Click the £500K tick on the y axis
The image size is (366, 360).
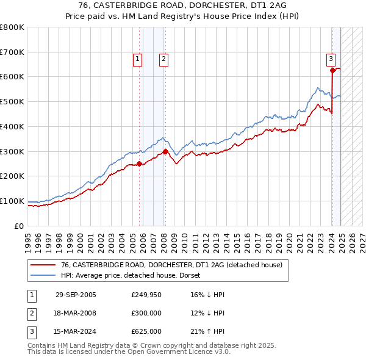point(12,101)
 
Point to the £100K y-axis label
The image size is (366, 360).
point(12,201)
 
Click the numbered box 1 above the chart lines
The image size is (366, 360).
point(138,59)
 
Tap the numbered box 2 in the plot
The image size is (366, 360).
point(164,59)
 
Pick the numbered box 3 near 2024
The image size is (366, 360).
point(330,59)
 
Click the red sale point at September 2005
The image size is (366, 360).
point(140,164)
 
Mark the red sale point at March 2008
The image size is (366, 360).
point(165,151)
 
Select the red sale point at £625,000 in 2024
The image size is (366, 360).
point(332,70)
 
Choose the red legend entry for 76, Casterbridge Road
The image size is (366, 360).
point(171,265)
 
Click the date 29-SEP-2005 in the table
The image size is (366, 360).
point(76,295)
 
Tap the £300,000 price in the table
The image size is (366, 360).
point(146,313)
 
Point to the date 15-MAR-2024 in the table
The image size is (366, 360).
point(76,331)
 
